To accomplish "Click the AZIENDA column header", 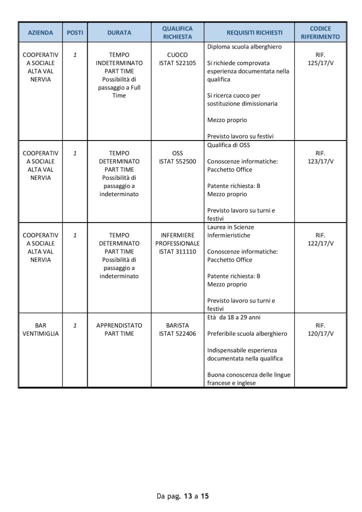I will pyautogui.click(x=41, y=32).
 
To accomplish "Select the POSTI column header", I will pyautogui.click(x=75, y=32).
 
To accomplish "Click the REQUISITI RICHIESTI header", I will pyautogui.click(x=254, y=32).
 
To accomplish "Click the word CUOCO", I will pyautogui.click(x=178, y=55).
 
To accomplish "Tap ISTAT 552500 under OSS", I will pyautogui.click(x=178, y=161).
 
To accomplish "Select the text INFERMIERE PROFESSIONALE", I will pyautogui.click(x=178, y=239).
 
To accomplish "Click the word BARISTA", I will pyautogui.click(x=178, y=325).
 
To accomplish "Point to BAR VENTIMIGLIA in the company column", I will pyautogui.click(x=41, y=329).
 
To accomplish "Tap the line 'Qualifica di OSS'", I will pyautogui.click(x=228, y=145).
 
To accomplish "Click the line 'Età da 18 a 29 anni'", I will pyautogui.click(x=233, y=317).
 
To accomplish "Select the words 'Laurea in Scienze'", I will pyautogui.click(x=230, y=227).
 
